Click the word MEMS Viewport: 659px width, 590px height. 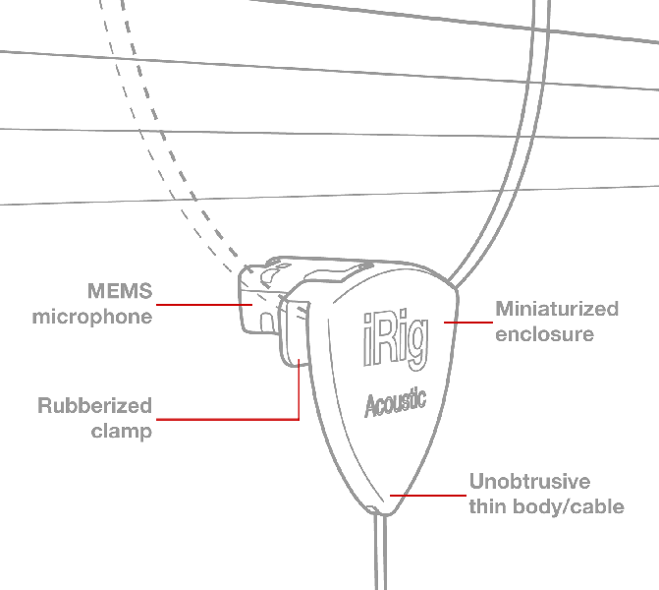pyautogui.click(x=120, y=291)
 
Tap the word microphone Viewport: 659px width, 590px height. pyautogui.click(x=92, y=318)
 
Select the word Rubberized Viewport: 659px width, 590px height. pyautogui.click(x=94, y=406)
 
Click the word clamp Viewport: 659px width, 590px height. pyautogui.click(x=122, y=432)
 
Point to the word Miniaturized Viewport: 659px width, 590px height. pyautogui.click(x=557, y=309)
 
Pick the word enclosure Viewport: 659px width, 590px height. pyautogui.click(x=545, y=334)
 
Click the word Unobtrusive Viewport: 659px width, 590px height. pyautogui.click(x=530, y=482)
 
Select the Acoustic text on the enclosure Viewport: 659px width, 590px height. pyautogui.click(x=395, y=403)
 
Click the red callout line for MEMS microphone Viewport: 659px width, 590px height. pyautogui.click(x=204, y=304)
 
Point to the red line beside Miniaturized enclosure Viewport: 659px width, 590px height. pyautogui.click(x=468, y=323)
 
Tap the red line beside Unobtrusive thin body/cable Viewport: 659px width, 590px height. pyautogui.click(x=428, y=496)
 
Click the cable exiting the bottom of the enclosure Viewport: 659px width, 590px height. pyautogui.click(x=380, y=552)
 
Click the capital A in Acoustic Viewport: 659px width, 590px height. pyautogui.click(x=371, y=406)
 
